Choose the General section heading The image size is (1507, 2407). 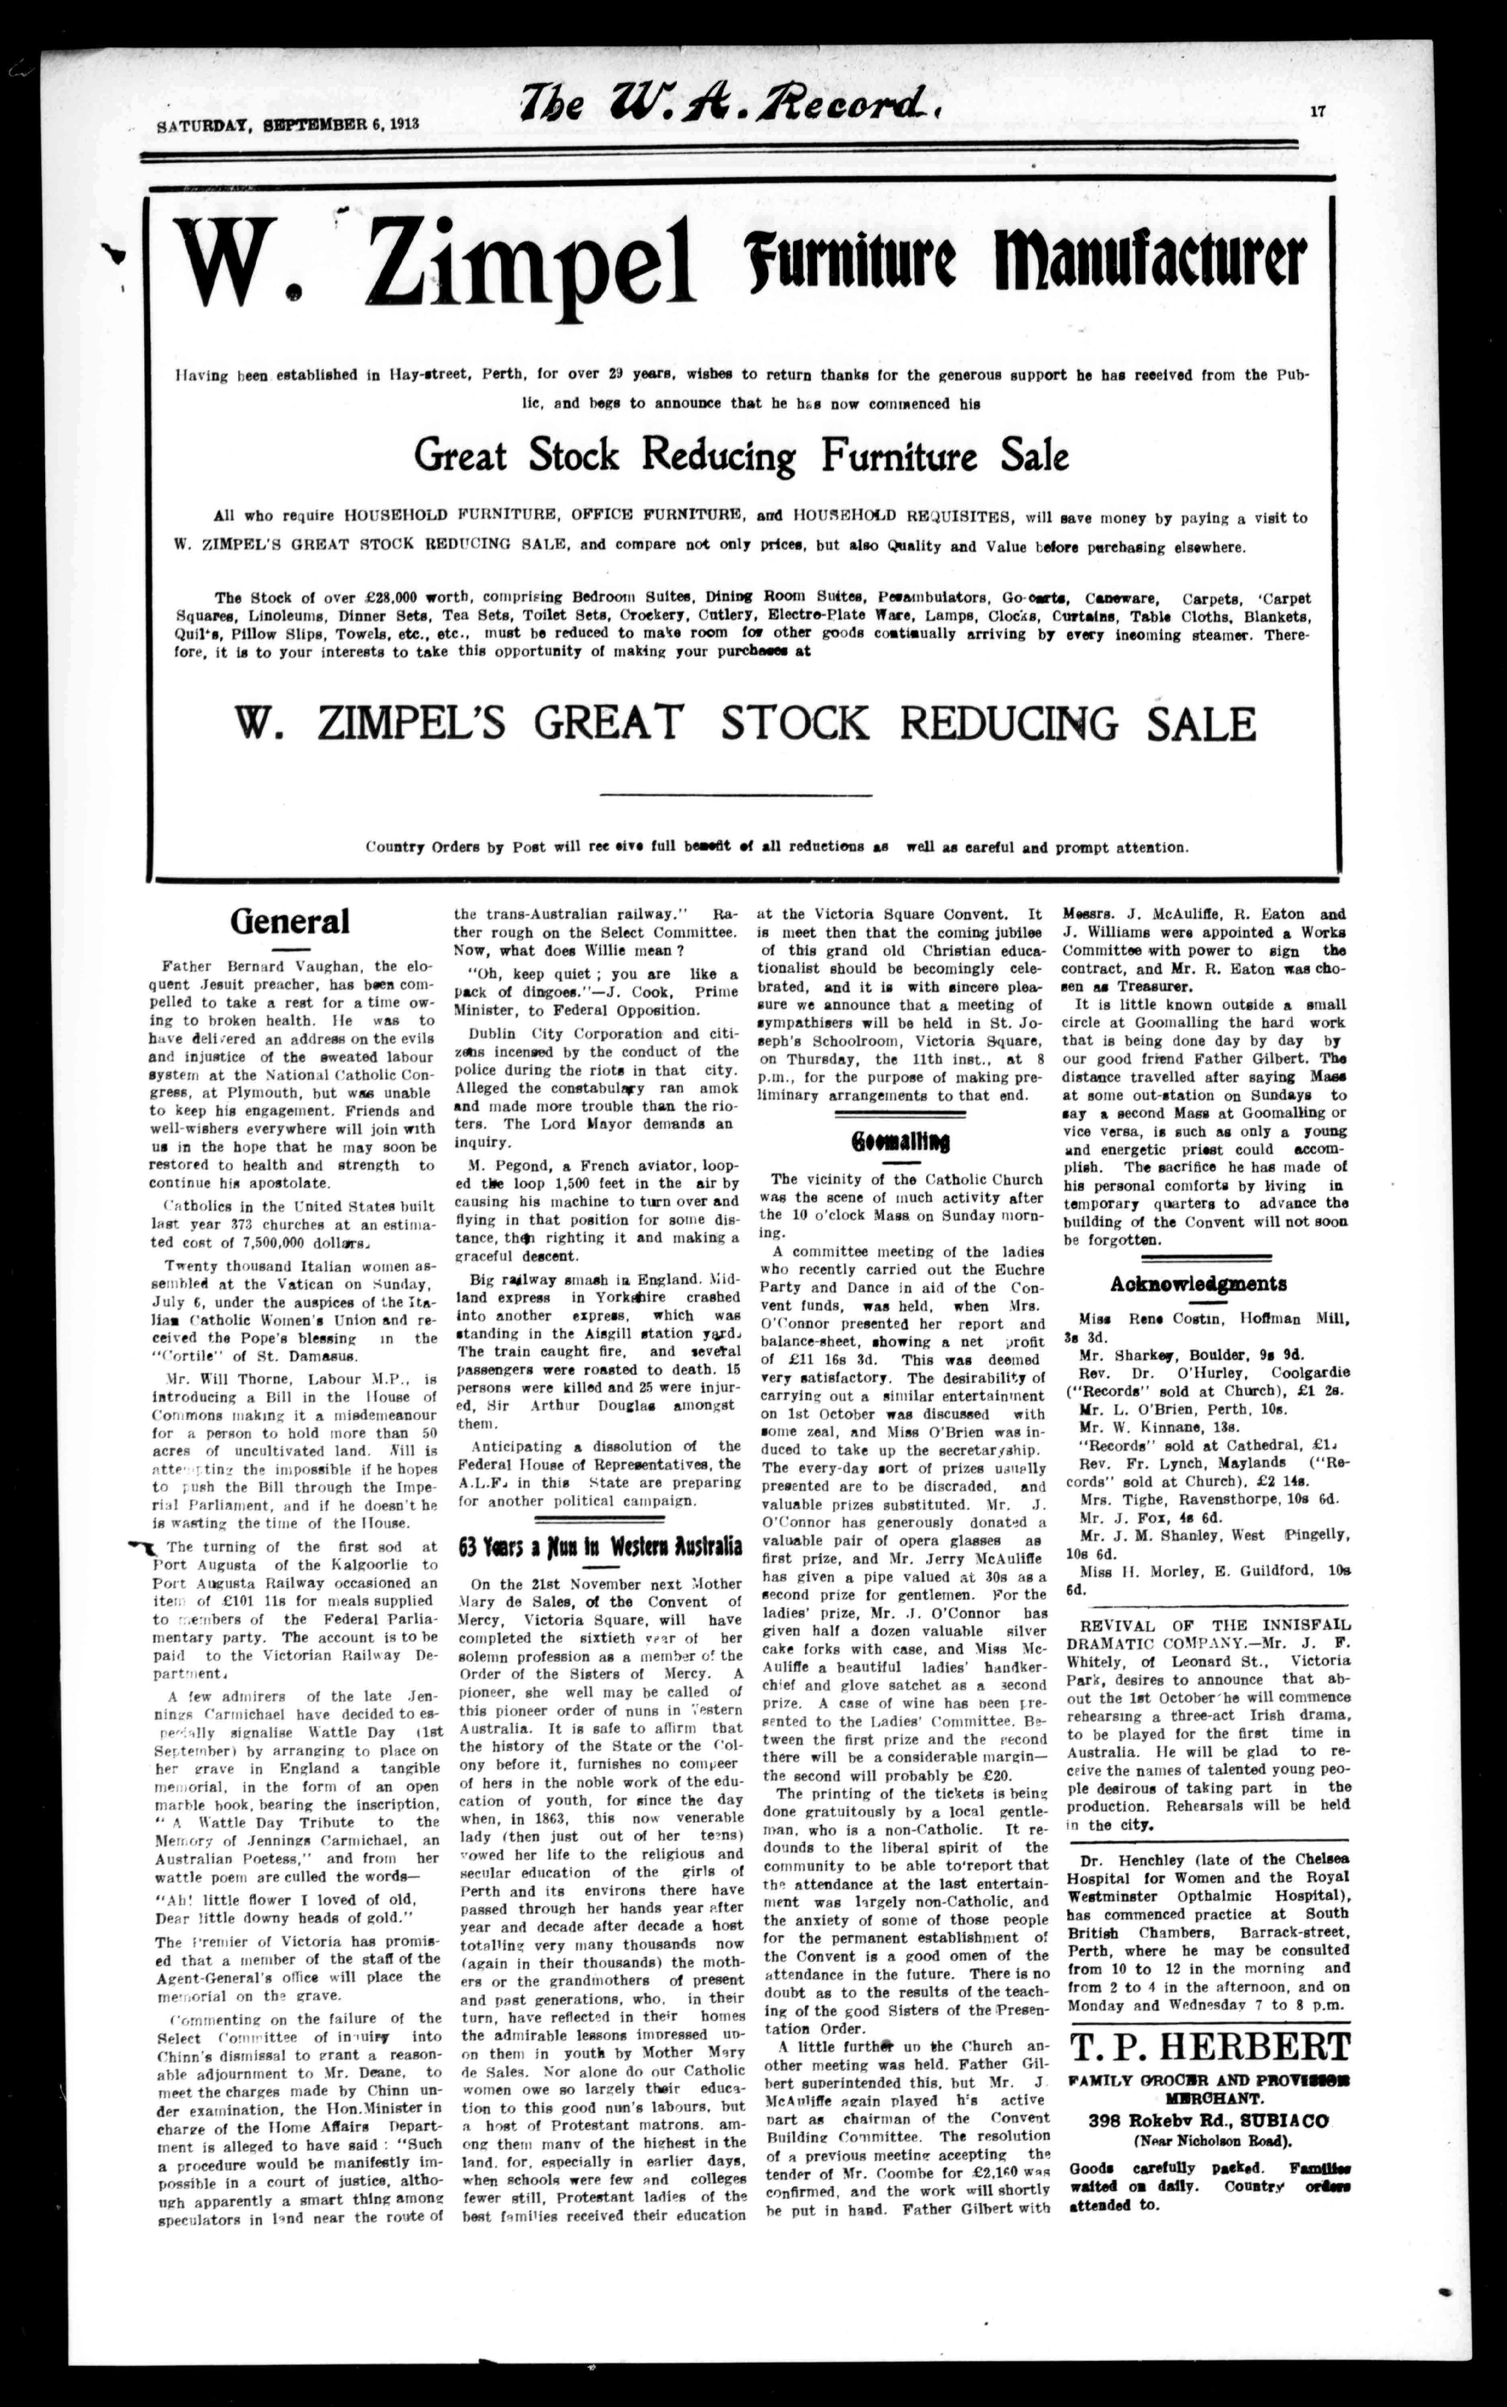pyautogui.click(x=290, y=920)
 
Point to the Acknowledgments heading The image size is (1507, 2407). pyautogui.click(x=1198, y=1284)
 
